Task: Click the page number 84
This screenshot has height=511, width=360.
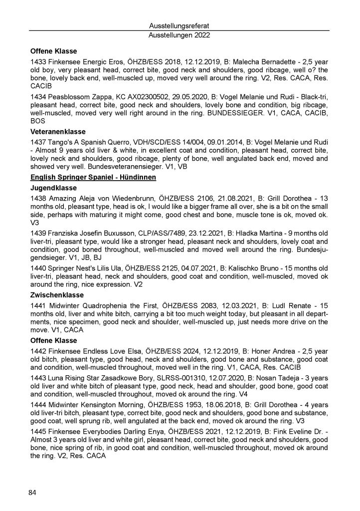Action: (33, 494)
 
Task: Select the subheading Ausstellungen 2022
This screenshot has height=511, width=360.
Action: (180, 35)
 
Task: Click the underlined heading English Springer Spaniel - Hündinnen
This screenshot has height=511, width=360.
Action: (94, 178)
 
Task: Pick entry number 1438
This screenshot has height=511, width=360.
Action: (38, 199)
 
